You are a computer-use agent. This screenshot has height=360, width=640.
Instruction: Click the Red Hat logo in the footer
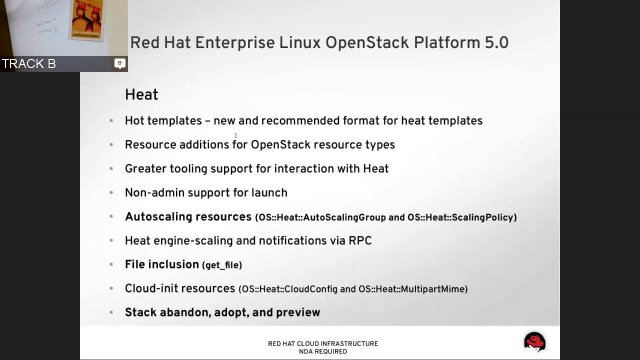click(x=534, y=342)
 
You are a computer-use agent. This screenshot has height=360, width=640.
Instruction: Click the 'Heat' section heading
click(x=141, y=94)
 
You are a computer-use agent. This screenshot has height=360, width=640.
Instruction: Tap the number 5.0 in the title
click(x=496, y=42)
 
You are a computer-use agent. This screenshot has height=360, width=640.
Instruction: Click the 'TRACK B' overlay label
click(x=29, y=63)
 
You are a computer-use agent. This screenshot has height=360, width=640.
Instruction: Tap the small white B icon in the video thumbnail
click(x=119, y=63)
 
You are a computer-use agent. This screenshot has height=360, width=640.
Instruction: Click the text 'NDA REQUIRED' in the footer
click(x=323, y=351)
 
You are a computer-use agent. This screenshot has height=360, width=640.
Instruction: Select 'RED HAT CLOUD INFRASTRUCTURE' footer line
click(x=323, y=343)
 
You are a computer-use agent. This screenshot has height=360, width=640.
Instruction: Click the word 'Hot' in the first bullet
click(x=135, y=120)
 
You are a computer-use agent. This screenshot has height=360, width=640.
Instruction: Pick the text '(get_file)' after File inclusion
click(x=222, y=265)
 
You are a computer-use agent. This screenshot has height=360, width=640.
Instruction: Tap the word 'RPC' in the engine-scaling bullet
click(x=360, y=240)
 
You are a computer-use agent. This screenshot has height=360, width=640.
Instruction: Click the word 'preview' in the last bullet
click(x=298, y=312)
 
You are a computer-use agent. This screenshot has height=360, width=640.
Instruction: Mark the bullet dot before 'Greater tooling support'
click(x=111, y=169)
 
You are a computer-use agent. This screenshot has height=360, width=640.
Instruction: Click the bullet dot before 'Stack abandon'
click(x=111, y=312)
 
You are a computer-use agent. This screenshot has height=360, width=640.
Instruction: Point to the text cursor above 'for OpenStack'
click(x=235, y=135)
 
